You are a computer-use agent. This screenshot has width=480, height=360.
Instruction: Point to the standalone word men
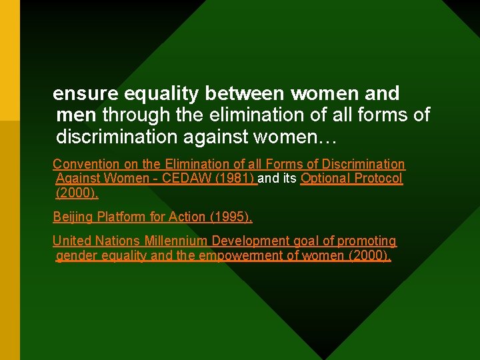tap(76, 115)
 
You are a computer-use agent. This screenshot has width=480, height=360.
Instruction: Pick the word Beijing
tap(73, 217)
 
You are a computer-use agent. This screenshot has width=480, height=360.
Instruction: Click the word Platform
tap(122, 217)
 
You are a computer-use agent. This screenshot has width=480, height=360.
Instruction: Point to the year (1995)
tap(231, 217)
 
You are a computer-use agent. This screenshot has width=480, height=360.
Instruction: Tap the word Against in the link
tap(78, 179)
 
